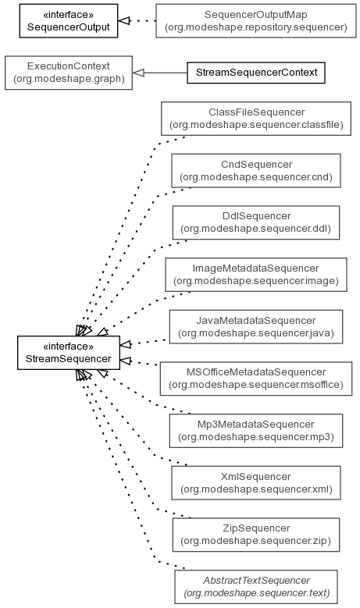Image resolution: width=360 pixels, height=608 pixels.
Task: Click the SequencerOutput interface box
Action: [69, 21]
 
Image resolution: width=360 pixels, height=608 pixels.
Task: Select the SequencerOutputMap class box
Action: [256, 21]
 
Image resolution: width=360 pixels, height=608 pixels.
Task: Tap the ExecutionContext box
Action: [69, 73]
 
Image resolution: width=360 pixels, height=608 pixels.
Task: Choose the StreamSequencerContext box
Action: [256, 73]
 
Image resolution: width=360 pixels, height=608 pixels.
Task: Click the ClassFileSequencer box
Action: [256, 119]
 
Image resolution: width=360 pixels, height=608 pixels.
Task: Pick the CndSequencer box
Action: [256, 171]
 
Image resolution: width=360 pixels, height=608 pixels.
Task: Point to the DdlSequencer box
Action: [256, 222]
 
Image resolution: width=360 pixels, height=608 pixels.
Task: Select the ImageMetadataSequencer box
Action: [256, 275]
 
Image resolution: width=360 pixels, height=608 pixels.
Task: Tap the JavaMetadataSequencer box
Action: [256, 326]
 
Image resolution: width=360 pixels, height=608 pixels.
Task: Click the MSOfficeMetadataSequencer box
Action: [256, 379]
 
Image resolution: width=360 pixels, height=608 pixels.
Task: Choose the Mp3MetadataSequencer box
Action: [256, 430]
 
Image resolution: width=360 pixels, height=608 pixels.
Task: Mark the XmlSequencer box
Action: [256, 483]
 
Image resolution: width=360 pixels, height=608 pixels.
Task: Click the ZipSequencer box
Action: [256, 535]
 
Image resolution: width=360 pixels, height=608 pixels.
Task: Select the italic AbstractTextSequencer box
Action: [256, 587]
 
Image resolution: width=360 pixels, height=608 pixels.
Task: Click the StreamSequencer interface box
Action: [69, 353]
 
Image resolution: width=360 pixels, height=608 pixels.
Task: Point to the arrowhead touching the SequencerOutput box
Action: [123, 20]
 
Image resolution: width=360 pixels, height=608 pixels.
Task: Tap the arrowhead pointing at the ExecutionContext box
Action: [138, 73]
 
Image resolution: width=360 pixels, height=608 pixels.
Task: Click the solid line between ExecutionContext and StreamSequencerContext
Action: [166, 73]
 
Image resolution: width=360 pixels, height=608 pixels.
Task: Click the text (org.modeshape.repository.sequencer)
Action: [256, 27]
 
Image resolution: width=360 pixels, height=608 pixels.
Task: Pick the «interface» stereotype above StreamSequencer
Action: [69, 346]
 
